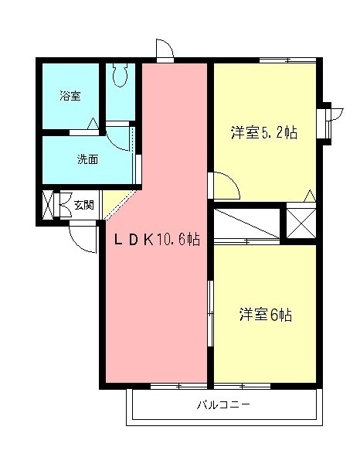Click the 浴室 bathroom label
click(x=70, y=96)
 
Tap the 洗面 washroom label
click(x=87, y=160)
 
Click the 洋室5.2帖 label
click(x=263, y=132)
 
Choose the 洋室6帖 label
click(x=265, y=315)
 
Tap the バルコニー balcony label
click(x=223, y=404)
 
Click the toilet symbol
click(x=119, y=75)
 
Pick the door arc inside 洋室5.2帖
click(x=226, y=186)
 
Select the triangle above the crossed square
click(x=311, y=196)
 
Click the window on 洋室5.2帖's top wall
click(x=287, y=60)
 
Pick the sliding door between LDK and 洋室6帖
click(x=209, y=309)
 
